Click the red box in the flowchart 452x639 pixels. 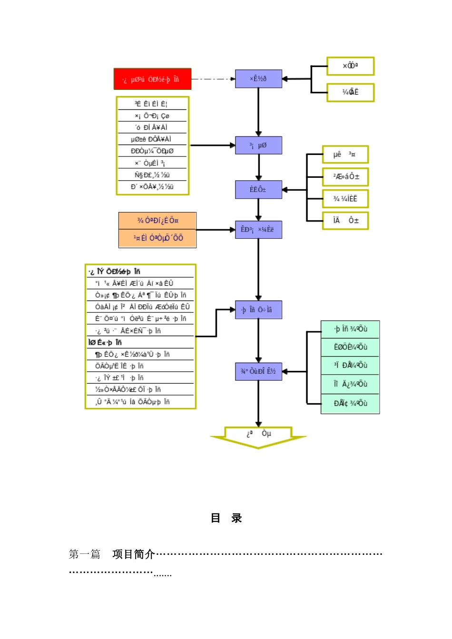[x=152, y=79]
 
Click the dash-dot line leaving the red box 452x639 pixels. [x=213, y=79]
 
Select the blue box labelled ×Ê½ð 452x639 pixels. [x=258, y=79]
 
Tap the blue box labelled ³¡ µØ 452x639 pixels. [x=258, y=145]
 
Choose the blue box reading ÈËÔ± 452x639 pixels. [x=258, y=190]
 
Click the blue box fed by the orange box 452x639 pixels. [x=258, y=230]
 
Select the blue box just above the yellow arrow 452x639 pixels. [x=258, y=371]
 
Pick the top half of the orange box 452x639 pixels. [x=157, y=221]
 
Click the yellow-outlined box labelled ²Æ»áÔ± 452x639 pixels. [x=345, y=177]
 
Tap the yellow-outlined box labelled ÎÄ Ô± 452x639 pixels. [x=345, y=221]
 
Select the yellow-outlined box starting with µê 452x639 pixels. [x=345, y=155]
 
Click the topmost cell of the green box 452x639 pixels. [x=350, y=329]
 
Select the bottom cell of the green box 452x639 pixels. [x=350, y=404]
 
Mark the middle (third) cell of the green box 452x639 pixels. [x=350, y=366]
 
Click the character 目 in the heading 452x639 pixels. [x=216, y=518]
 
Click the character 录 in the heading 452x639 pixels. [x=237, y=518]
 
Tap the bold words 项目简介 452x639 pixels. [x=134, y=554]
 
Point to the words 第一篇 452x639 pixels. [x=85, y=554]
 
